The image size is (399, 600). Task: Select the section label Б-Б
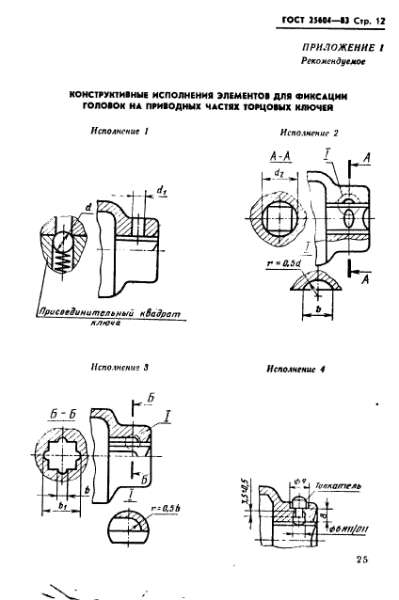pyautogui.click(x=65, y=412)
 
